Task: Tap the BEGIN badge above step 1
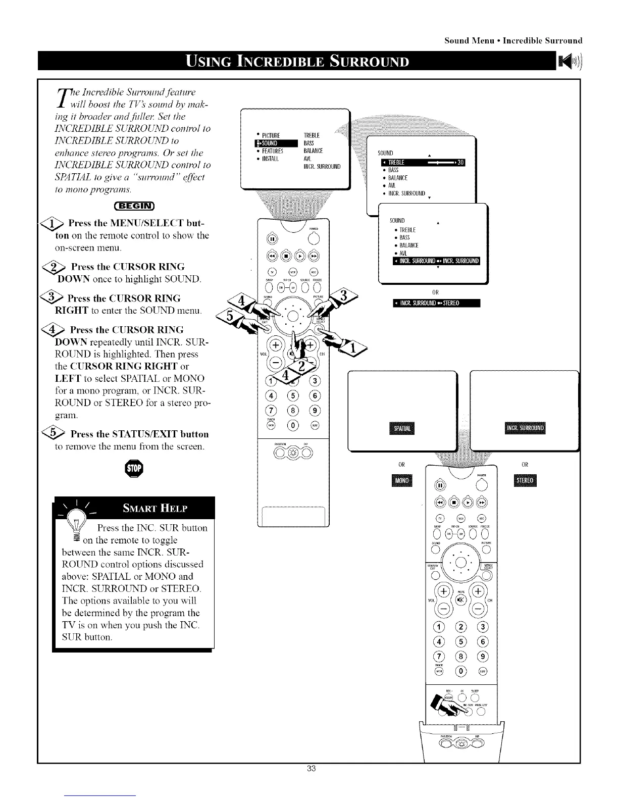[135, 205]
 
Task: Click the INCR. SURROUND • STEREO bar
[436, 303]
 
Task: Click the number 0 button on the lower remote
[461, 671]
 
